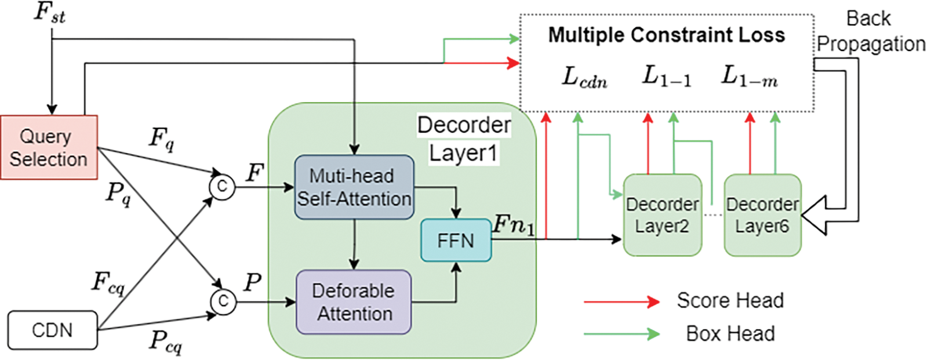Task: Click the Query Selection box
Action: point(49,147)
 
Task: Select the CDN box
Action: point(53,330)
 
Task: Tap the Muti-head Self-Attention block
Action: point(354,187)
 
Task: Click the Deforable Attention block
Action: point(354,302)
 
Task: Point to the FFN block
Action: point(456,241)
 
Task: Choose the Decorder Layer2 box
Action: point(663,215)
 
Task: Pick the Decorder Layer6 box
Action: point(763,215)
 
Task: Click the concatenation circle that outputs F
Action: point(222,187)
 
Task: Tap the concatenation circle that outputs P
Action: point(223,302)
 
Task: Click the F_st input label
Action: point(50,13)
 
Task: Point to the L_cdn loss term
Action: point(584,78)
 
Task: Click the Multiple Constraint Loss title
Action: point(667,35)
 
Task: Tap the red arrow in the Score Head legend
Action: point(621,302)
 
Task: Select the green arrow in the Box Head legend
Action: point(621,334)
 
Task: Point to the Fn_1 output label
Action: point(514,226)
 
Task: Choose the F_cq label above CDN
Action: point(108,283)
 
